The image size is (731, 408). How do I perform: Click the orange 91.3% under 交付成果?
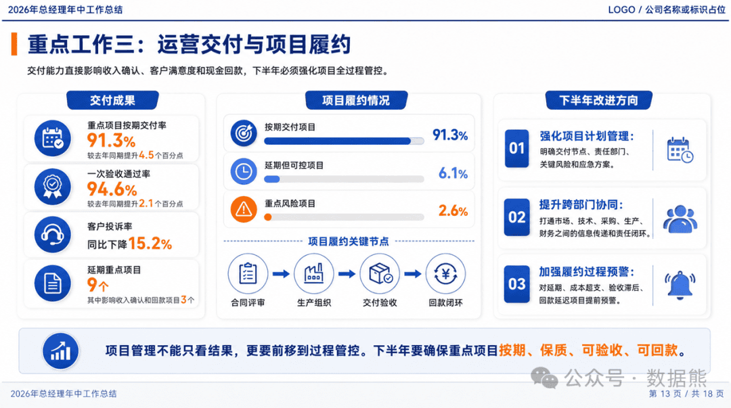(111, 140)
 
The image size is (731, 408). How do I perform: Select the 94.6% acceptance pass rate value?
(112, 189)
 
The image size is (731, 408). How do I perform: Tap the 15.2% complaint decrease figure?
(150, 244)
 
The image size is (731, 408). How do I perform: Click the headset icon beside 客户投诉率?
(53, 235)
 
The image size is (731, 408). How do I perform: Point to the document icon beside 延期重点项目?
(53, 284)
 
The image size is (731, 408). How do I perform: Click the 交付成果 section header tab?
(112, 100)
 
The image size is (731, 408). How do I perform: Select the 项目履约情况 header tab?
(356, 100)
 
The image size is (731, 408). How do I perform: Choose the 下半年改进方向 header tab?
(598, 100)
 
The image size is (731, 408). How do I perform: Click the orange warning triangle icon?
(244, 209)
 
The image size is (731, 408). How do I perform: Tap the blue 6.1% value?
(453, 173)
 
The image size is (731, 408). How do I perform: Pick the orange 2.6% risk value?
(453, 210)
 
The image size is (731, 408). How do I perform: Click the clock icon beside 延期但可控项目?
(244, 172)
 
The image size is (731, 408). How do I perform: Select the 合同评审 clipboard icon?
(248, 274)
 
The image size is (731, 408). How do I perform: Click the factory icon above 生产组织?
(314, 274)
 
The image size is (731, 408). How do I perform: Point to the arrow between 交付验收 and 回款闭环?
(413, 274)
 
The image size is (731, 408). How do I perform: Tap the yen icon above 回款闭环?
(445, 274)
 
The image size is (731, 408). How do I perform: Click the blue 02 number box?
(516, 217)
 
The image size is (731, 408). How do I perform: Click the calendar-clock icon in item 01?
(680, 150)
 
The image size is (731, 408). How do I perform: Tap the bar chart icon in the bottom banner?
(61, 351)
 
